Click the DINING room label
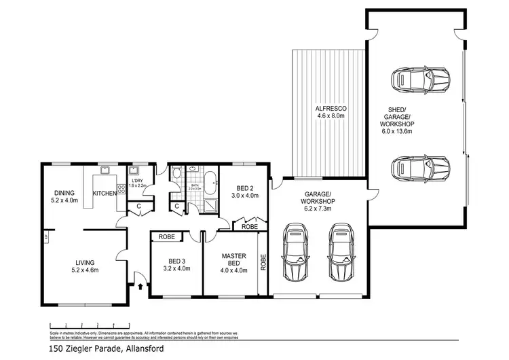[x=64, y=192]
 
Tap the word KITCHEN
[x=105, y=194]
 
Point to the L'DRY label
[x=138, y=180]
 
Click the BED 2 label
[x=244, y=188]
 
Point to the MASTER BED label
[x=233, y=260]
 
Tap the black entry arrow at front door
[x=141, y=287]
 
